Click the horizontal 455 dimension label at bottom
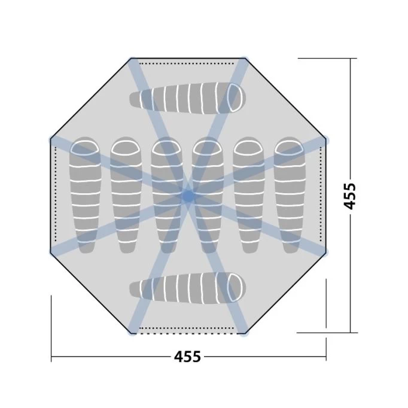188,357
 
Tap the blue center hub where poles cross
188,195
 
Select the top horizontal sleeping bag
187,97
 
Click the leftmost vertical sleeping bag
84,195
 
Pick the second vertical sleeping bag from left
125,195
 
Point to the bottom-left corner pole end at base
132,332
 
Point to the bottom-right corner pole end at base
244,332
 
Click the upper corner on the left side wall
51,140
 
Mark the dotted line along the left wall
55,195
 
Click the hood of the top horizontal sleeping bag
233,97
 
